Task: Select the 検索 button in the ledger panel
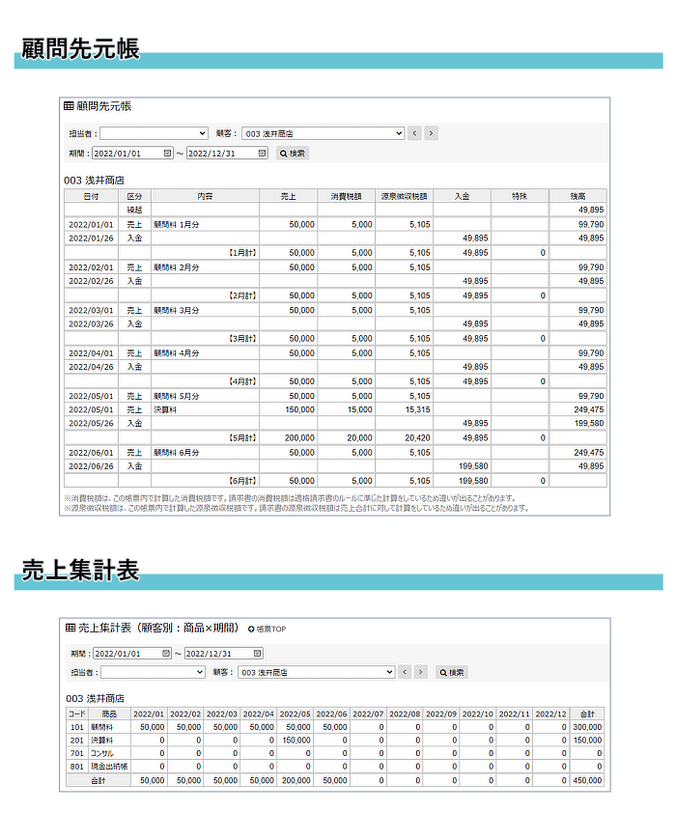[293, 153]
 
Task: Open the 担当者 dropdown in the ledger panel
[154, 133]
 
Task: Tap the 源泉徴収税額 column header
[404, 196]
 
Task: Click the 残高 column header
[577, 196]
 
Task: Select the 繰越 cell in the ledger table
[135, 210]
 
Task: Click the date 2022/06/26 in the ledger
[92, 466]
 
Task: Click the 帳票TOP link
[268, 629]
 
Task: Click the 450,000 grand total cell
[586, 779]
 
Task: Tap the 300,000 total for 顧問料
[586, 727]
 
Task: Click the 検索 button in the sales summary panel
[451, 672]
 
